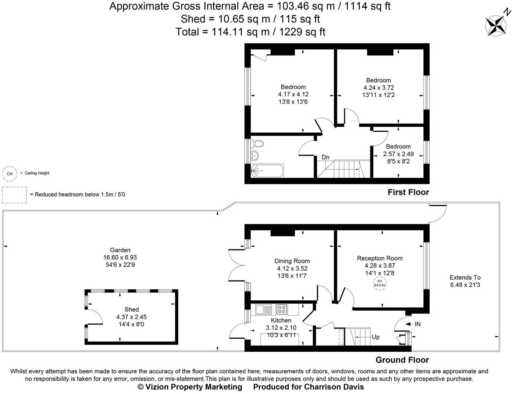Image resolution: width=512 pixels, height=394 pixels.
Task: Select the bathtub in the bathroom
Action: [x=267, y=171]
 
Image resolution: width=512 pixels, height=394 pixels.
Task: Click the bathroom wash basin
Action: [x=254, y=155]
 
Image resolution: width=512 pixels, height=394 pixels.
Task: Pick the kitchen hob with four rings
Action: [x=282, y=309]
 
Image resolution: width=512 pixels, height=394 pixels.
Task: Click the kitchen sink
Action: [x=264, y=309]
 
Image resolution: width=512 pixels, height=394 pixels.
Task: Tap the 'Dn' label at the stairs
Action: [x=325, y=157]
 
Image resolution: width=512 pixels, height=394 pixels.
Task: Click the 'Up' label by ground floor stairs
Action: [x=376, y=337]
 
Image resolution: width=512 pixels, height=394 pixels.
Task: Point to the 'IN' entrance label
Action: [x=417, y=324]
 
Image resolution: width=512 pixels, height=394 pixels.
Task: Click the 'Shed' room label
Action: [x=131, y=309]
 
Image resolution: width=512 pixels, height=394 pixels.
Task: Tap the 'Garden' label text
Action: [x=120, y=250]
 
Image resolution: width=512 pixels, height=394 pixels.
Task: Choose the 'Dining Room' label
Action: [x=292, y=261]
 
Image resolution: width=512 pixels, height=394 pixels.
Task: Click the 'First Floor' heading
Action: [x=408, y=192]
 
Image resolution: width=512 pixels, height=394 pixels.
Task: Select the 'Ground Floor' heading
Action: [x=402, y=360]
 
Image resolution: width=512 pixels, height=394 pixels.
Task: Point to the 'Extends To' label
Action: [x=465, y=277]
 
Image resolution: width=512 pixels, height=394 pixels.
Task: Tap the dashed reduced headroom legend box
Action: [x=14, y=195]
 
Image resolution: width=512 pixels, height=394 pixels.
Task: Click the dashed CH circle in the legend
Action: [x=10, y=174]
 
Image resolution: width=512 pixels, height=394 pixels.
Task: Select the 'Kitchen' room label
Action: [x=281, y=320]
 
